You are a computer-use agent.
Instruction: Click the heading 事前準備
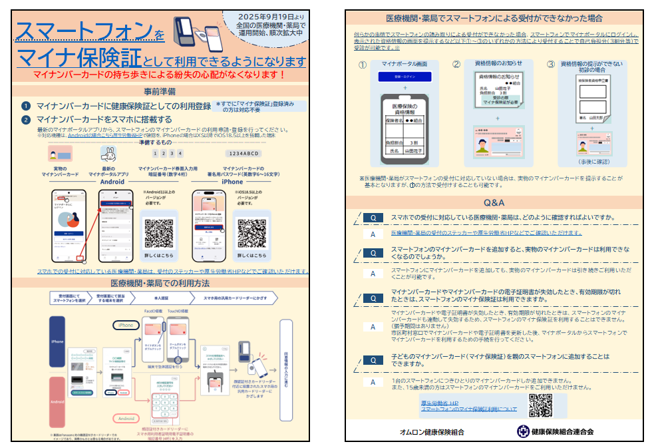pos(160,91)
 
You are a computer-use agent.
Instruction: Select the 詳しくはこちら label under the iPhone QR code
pos(251,254)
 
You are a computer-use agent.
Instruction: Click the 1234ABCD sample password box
pos(242,153)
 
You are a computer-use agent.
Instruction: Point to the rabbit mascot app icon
pos(108,155)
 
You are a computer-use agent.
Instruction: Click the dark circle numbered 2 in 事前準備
pos(25,120)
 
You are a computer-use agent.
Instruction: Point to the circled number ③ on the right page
pos(550,65)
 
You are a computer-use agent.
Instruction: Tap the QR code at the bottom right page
pos(540,405)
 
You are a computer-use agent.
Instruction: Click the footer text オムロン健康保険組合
pos(432,432)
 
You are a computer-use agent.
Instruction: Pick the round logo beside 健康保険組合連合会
pos(524,431)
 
